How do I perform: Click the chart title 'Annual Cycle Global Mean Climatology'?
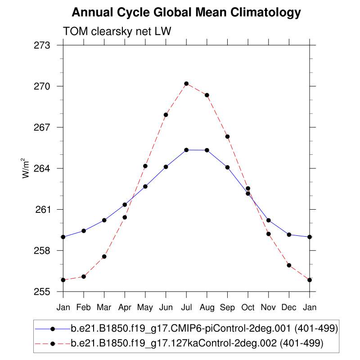(x=186, y=13)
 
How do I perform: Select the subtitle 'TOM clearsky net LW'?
(x=117, y=31)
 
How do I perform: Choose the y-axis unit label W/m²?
(x=27, y=168)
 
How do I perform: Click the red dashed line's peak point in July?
(x=186, y=84)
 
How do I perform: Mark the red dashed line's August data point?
(x=207, y=95)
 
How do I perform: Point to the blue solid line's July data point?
(x=186, y=150)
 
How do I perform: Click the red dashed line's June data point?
(x=166, y=115)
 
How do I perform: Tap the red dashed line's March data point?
(x=104, y=256)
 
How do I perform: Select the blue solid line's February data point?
(x=84, y=231)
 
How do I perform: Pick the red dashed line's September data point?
(x=228, y=136)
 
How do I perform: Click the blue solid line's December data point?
(x=289, y=235)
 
